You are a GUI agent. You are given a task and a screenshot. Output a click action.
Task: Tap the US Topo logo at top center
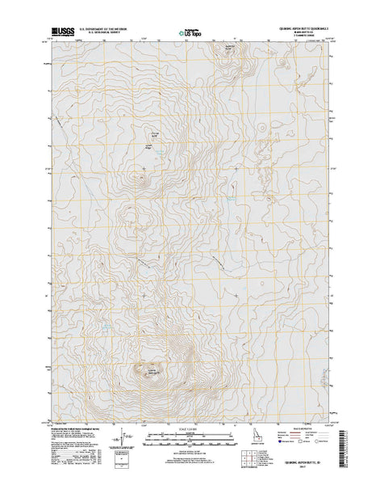182,33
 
